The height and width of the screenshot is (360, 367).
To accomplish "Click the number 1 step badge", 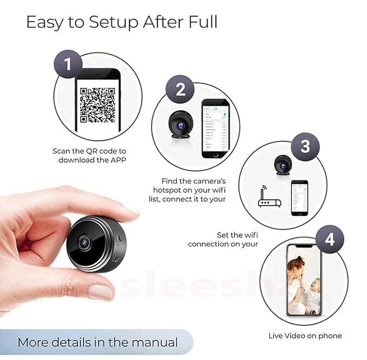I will point(68,65).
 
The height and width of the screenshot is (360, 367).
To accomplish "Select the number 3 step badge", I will point(305,146).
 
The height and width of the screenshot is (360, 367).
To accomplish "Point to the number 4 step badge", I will point(329,239).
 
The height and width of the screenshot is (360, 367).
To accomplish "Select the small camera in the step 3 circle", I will point(282,165).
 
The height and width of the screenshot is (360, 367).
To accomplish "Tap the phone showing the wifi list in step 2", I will point(216,128).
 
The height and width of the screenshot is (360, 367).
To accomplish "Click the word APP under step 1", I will point(115,160).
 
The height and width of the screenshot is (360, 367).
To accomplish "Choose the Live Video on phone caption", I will point(305,336).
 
